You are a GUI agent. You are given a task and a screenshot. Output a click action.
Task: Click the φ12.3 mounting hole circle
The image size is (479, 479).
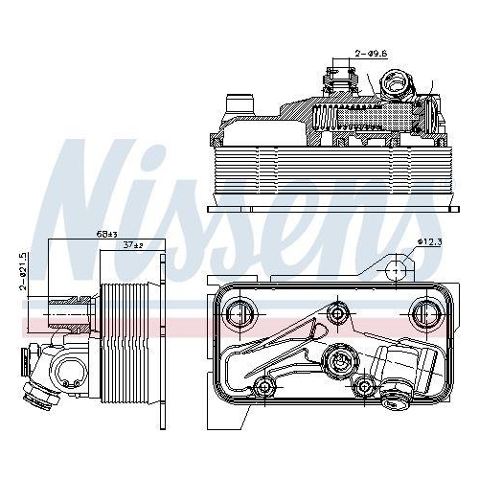tap(396, 272)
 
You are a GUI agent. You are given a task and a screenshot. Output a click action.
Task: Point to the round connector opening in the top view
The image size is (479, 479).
tap(394, 88)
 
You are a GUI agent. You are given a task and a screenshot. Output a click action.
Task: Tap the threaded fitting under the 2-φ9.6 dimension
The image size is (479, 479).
tap(341, 80)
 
